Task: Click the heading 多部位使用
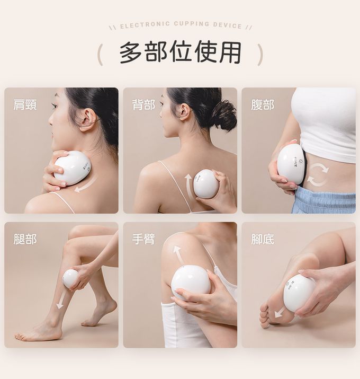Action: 181,52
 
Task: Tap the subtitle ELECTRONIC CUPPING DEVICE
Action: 181,25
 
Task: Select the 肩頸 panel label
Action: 25,105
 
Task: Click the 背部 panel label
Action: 143,105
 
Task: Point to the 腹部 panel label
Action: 263,105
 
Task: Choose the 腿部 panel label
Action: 25,239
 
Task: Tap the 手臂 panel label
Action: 143,239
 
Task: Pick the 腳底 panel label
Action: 263,239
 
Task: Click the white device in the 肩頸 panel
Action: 72,168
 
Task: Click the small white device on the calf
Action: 71,278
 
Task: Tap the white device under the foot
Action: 299,293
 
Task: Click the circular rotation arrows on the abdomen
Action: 318,174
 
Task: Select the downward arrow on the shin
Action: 61,300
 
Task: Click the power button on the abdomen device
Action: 301,161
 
